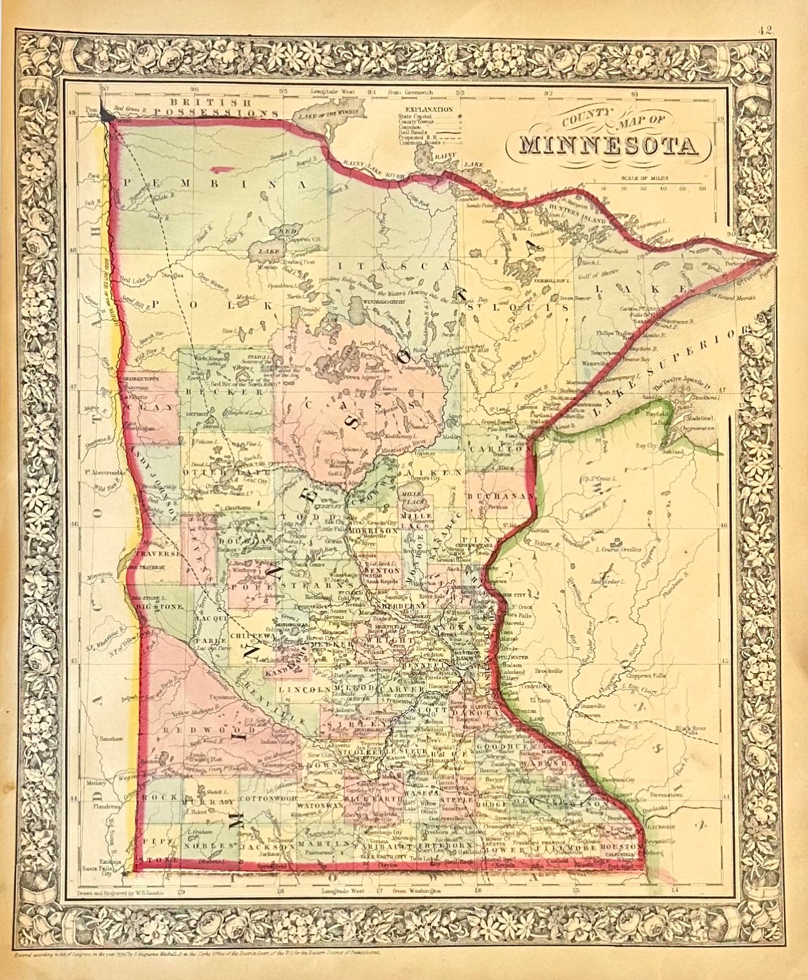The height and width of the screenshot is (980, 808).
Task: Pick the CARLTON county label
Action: [497, 449]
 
